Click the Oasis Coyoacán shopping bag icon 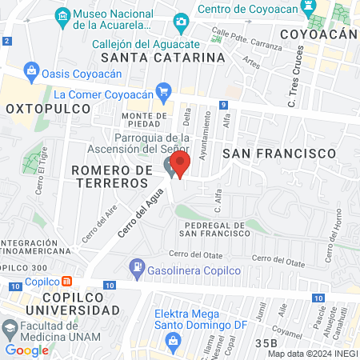(31, 70)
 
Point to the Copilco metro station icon (67, 282)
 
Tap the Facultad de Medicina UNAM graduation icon (10, 328)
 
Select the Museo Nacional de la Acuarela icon (61, 15)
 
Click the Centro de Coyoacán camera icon (182, 20)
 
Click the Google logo (26, 350)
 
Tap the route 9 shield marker (226, 105)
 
